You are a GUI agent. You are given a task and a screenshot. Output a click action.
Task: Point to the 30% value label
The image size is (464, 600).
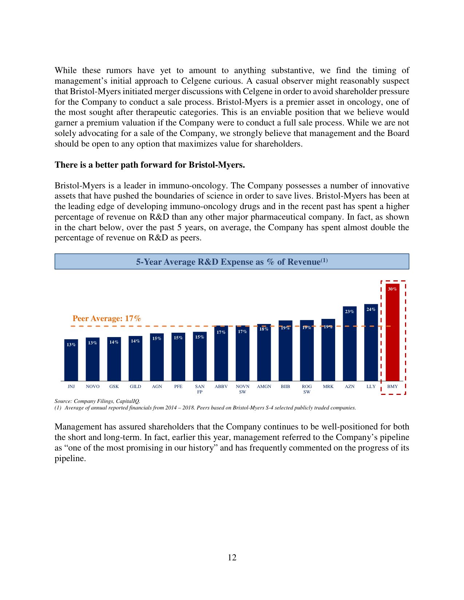coord(392,289)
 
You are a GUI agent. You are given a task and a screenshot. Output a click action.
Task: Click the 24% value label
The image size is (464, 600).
coord(371,309)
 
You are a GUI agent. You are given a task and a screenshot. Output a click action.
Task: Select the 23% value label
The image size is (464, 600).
coord(349,312)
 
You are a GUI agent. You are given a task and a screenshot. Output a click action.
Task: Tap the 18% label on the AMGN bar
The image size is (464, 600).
coord(264,329)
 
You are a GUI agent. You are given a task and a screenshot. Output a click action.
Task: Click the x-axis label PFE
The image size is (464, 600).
coord(178,387)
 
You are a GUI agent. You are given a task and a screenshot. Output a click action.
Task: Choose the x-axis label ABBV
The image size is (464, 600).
coord(221,387)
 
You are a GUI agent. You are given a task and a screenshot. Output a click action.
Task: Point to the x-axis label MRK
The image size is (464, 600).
coord(328,387)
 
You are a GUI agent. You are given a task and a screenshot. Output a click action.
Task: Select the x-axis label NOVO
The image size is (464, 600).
coord(92,387)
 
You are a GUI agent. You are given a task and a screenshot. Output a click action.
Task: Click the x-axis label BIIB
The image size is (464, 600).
coord(285,387)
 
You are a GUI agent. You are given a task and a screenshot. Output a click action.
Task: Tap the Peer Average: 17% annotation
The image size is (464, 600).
coord(107,319)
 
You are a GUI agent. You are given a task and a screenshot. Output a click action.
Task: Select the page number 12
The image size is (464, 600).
coord(232,557)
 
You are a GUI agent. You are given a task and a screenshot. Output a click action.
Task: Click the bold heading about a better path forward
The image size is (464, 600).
coord(150,165)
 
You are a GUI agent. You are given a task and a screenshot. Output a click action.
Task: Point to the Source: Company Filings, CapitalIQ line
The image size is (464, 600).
coord(97,401)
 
